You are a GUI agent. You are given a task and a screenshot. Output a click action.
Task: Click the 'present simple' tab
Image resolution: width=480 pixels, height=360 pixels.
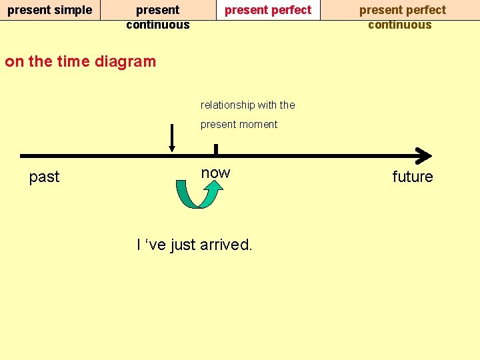[x=49, y=10]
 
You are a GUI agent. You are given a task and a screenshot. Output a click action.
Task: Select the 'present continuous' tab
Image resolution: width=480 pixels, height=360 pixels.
[x=158, y=17]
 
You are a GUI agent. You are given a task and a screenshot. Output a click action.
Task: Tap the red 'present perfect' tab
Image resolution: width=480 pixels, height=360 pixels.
[x=268, y=10]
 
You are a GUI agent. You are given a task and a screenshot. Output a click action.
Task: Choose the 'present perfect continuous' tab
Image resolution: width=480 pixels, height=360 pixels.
[x=402, y=17]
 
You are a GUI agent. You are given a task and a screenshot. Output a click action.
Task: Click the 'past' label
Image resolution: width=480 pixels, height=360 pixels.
[x=44, y=177]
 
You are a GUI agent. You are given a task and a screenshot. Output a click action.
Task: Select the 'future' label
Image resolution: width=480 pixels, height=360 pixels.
[x=412, y=177]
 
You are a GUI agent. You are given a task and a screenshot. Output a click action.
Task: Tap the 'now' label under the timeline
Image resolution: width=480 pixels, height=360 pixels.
[x=215, y=173]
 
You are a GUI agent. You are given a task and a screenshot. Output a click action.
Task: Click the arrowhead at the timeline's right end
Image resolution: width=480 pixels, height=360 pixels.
[x=423, y=155]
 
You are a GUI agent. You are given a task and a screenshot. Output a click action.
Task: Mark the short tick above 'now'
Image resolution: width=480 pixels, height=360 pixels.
[x=215, y=149]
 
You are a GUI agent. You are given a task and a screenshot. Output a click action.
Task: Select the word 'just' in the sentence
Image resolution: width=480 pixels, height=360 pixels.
[x=183, y=245]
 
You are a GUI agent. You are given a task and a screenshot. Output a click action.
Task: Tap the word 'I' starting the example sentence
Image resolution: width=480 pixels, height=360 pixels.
[x=139, y=245]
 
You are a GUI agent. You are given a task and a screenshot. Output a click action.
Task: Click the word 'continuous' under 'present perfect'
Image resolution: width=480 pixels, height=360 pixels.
[x=400, y=25]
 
